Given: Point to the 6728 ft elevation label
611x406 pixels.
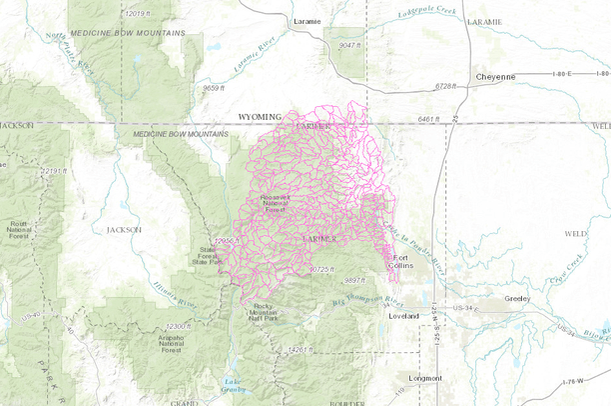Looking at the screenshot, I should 452,87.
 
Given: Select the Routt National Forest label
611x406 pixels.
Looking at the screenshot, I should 20,229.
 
